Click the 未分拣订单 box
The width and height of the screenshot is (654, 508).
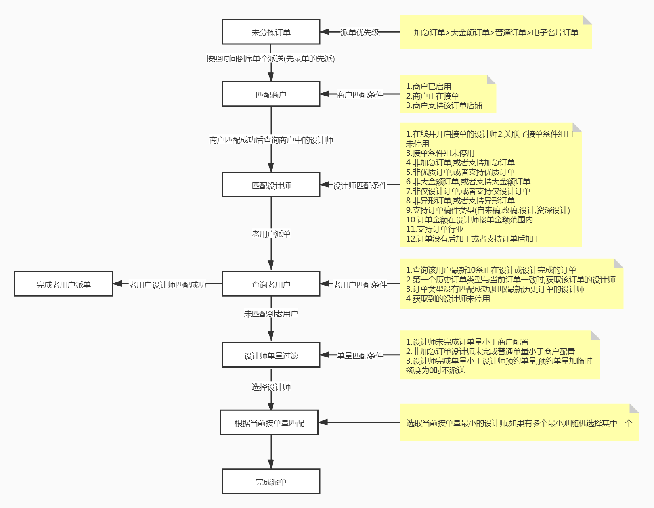pos(271,32)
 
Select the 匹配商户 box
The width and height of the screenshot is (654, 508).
pos(271,94)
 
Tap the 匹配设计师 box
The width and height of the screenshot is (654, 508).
pos(271,185)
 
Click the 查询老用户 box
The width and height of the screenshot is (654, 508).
pos(271,284)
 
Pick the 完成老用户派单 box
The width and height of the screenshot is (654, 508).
pos(63,284)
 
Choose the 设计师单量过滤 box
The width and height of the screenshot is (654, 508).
pos(271,355)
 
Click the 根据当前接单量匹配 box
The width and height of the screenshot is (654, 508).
pos(269,423)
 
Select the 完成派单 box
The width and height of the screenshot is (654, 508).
pos(271,481)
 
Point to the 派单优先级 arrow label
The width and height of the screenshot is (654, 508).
pos(360,32)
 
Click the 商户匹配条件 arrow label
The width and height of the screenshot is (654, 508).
pos(360,95)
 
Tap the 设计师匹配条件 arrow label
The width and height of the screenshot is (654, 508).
pos(360,185)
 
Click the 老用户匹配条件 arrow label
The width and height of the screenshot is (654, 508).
pos(360,284)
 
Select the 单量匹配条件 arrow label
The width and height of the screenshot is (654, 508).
pos(360,356)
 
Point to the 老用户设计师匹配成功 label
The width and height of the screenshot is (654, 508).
pos(167,284)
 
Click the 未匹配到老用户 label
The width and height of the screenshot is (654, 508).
pos(271,314)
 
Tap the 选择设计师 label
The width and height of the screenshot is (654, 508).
pos(271,387)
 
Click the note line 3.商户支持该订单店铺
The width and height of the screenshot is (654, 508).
pos(444,105)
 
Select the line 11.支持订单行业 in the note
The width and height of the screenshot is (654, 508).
pos(434,229)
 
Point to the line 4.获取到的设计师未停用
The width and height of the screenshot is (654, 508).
pos(448,299)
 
